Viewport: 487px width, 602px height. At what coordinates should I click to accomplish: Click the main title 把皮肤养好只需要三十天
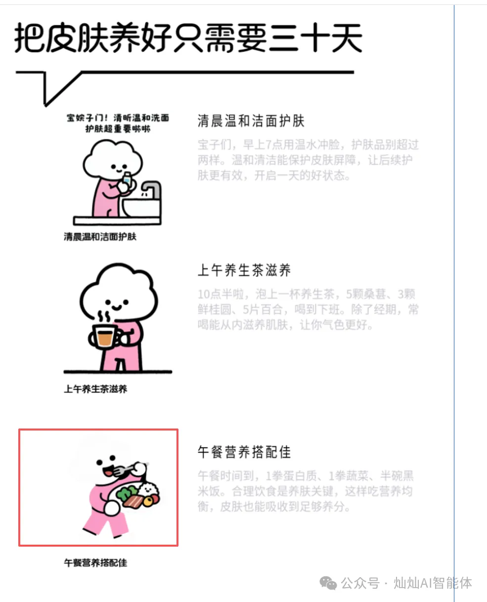(188, 38)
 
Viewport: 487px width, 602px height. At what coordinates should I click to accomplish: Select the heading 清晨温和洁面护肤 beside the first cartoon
(251, 121)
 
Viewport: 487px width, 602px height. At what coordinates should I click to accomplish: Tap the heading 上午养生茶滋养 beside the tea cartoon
(244, 270)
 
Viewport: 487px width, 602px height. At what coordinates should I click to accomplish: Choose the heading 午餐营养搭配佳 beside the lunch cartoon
(244, 452)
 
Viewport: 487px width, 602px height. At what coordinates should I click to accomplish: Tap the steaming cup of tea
(105, 337)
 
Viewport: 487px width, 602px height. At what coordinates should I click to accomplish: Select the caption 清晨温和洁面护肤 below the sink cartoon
(99, 237)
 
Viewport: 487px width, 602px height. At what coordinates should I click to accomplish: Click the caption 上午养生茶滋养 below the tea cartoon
(95, 389)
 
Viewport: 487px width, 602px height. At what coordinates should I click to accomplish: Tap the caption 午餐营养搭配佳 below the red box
(95, 562)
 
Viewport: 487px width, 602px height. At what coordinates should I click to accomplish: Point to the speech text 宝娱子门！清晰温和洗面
(118, 118)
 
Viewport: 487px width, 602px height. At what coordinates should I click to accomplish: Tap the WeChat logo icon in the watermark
(328, 583)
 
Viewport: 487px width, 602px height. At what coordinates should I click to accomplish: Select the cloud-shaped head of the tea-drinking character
(119, 292)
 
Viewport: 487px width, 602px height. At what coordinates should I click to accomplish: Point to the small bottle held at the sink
(127, 180)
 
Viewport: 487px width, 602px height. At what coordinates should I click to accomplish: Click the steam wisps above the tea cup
(103, 316)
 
